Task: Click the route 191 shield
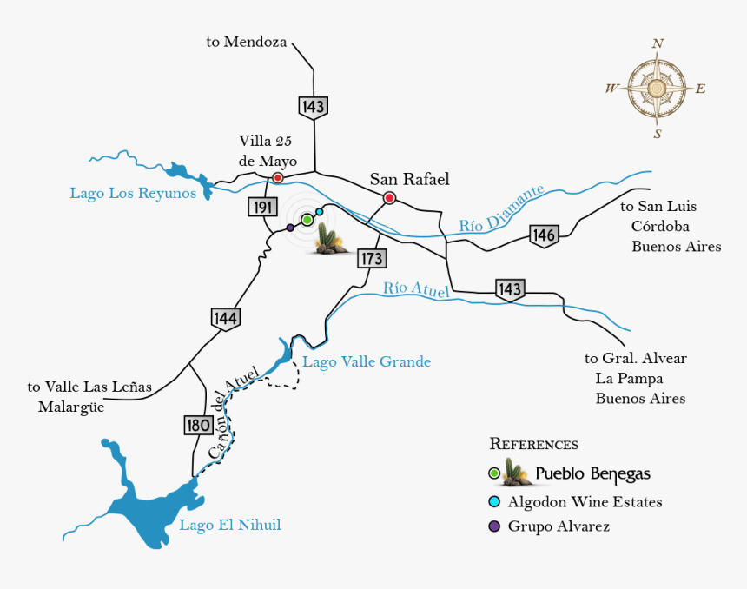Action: click(x=261, y=207)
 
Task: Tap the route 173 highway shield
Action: click(x=371, y=258)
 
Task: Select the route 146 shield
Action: click(x=544, y=235)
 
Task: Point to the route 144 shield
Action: click(x=225, y=319)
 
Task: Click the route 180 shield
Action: click(x=198, y=425)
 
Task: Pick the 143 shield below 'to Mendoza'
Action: click(x=313, y=107)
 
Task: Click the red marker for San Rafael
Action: click(x=390, y=198)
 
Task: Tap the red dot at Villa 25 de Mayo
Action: click(x=277, y=178)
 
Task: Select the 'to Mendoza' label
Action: click(x=246, y=41)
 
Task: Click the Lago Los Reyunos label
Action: click(x=133, y=193)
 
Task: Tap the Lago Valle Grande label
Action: click(x=367, y=361)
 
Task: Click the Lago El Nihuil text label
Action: click(x=229, y=525)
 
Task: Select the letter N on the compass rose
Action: click(x=658, y=43)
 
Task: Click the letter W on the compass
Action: click(x=611, y=89)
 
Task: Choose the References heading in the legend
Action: click(x=533, y=444)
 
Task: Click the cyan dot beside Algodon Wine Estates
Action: click(x=494, y=502)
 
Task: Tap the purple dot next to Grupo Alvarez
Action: click(x=494, y=526)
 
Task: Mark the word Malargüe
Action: click(x=71, y=407)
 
